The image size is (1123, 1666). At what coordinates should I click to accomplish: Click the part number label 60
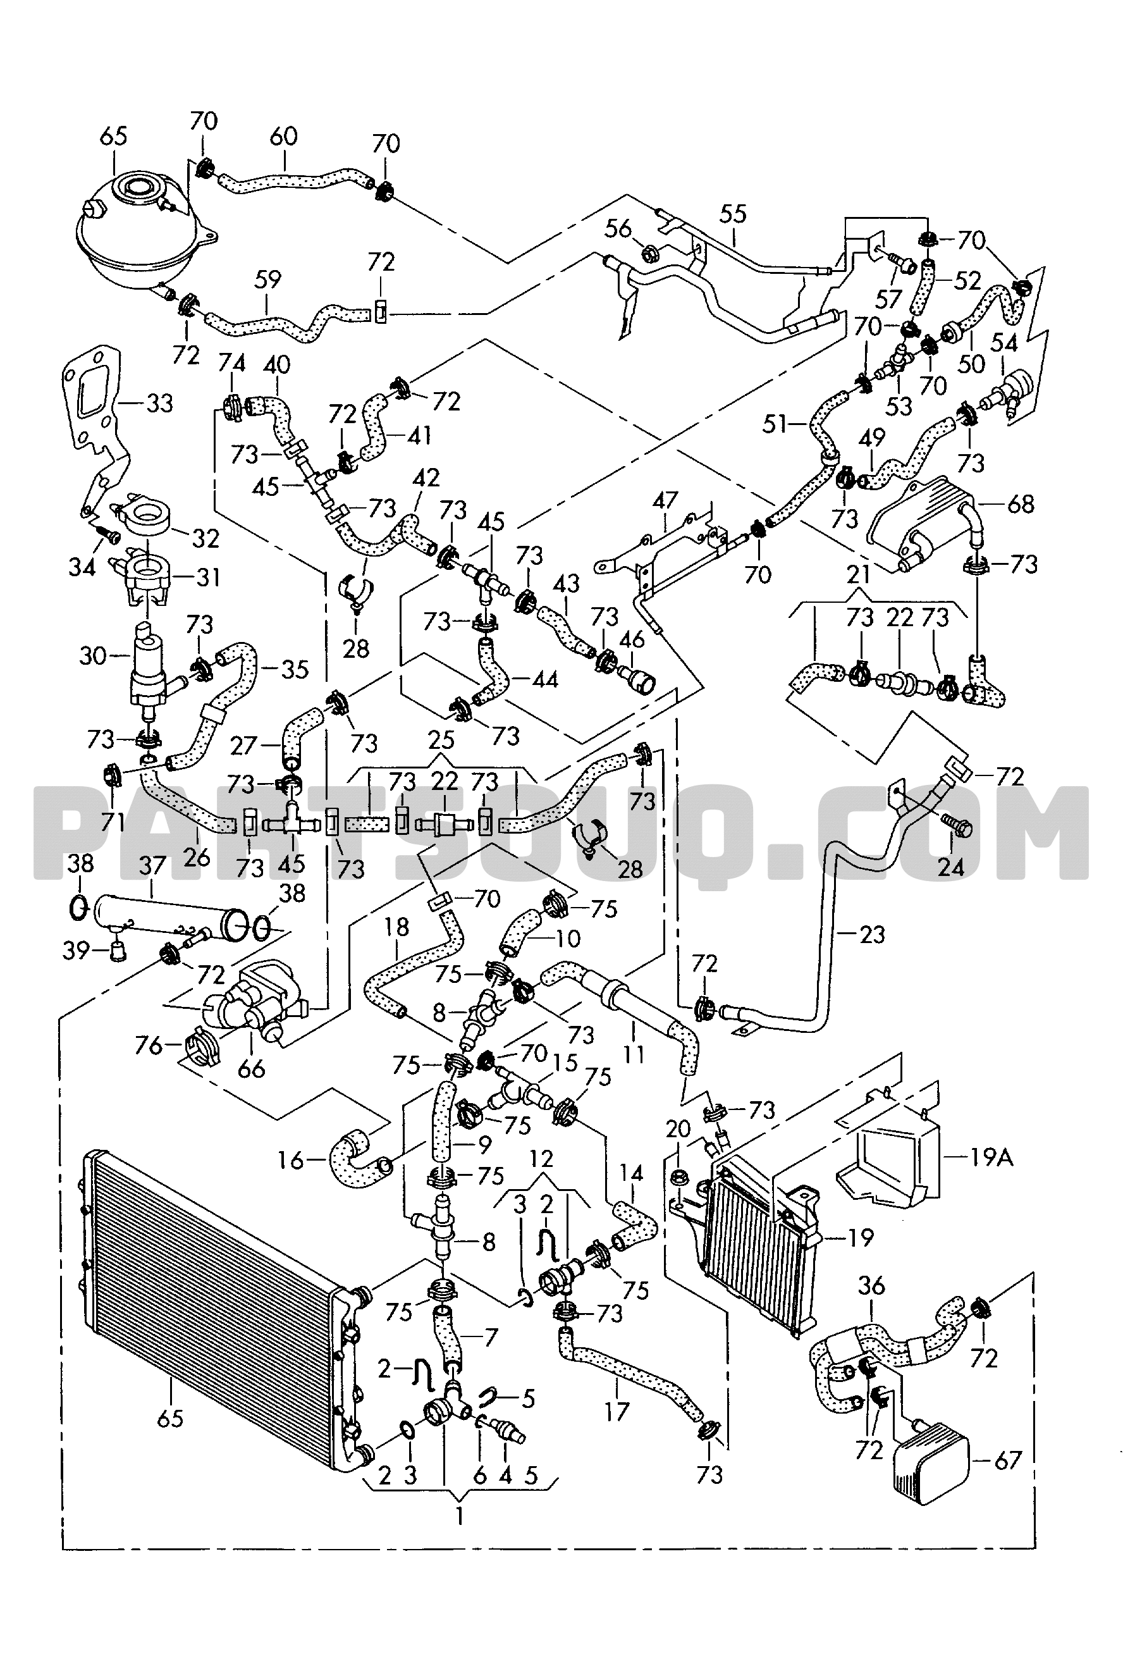click(284, 135)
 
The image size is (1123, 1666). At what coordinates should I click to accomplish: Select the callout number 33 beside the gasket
click(159, 404)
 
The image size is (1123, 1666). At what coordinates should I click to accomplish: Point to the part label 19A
click(991, 1157)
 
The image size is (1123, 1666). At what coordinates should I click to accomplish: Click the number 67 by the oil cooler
click(1008, 1460)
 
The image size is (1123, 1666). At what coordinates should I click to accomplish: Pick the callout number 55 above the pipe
click(733, 213)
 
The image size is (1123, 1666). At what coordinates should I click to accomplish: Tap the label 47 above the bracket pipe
click(665, 500)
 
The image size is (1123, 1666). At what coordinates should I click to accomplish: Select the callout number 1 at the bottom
click(459, 1516)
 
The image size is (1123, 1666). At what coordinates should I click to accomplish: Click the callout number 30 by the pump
click(93, 655)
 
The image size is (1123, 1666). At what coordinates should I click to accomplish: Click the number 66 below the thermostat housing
click(250, 1070)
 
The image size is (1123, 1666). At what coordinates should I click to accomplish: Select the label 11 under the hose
click(634, 1054)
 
